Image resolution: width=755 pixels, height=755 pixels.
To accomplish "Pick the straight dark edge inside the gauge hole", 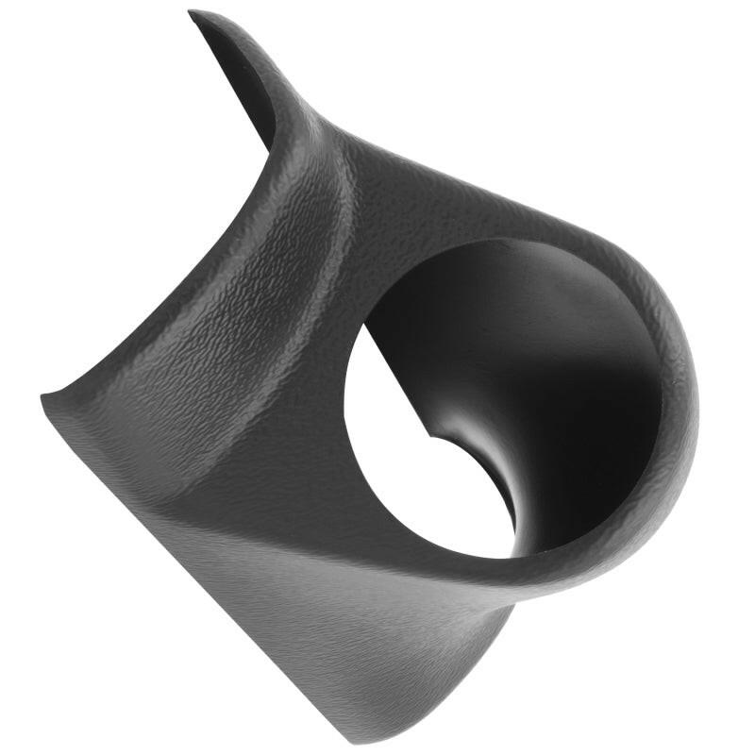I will tap(396, 377).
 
